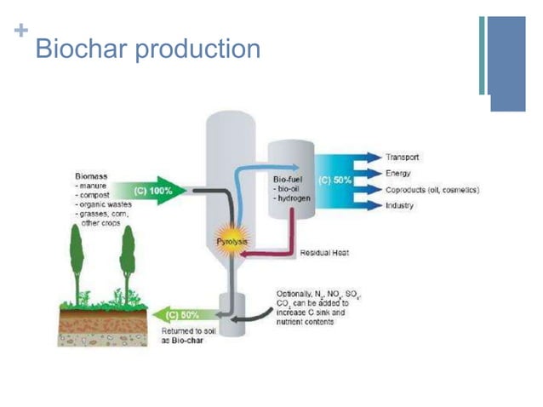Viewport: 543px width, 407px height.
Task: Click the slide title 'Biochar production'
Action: coord(147,49)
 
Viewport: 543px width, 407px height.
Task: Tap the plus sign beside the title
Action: coord(20,32)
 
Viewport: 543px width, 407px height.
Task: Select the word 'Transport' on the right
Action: coord(402,158)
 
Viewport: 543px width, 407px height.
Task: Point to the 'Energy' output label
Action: coord(398,173)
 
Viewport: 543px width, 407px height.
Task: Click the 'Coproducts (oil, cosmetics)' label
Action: coord(432,189)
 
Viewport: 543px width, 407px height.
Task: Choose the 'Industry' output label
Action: coord(400,205)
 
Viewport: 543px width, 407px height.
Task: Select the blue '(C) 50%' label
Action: coord(335,181)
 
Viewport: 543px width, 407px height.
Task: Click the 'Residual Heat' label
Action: coord(324,253)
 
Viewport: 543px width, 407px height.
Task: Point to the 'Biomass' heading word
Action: coord(92,175)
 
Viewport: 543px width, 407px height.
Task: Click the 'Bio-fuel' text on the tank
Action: coord(288,181)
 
